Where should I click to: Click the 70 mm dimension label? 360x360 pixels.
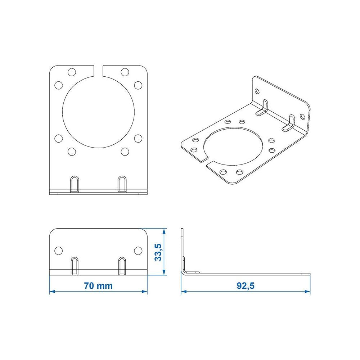coord(98,286)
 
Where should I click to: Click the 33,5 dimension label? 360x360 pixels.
coord(158,252)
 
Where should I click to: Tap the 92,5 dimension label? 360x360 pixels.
coord(246,286)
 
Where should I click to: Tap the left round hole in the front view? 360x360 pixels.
coord(59,251)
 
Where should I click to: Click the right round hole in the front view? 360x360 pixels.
coord(138,251)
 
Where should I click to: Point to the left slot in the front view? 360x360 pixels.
coord(75,266)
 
